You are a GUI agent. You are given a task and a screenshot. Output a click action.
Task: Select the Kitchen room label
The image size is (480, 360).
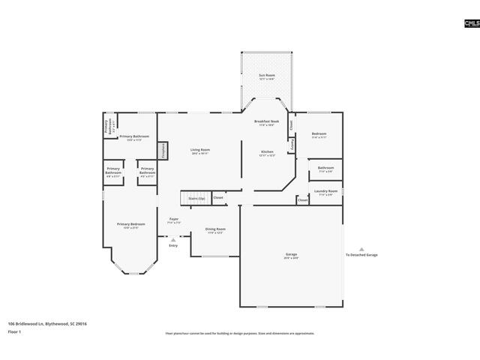267,153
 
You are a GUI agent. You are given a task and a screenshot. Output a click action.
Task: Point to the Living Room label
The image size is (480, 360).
200,151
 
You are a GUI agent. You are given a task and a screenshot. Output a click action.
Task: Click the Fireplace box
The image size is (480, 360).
162,150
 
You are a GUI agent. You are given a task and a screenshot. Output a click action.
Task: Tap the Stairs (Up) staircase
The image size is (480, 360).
196,198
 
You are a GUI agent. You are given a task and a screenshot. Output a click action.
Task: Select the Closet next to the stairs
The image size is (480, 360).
218,198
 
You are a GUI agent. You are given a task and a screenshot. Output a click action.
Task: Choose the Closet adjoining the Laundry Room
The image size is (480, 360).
302,200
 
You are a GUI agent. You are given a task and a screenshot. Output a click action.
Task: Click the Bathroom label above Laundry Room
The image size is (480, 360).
325,169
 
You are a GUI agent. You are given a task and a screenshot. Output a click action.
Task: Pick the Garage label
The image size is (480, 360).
291,255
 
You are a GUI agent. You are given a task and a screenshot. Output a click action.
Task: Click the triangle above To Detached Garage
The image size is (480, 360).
361,249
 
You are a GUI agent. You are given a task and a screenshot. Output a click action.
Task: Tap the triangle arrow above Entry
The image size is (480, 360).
173,240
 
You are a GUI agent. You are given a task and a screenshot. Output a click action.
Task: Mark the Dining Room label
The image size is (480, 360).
215,230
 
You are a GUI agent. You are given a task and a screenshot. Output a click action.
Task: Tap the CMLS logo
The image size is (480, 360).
471,24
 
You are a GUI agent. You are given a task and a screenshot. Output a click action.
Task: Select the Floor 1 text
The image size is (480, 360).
15,331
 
